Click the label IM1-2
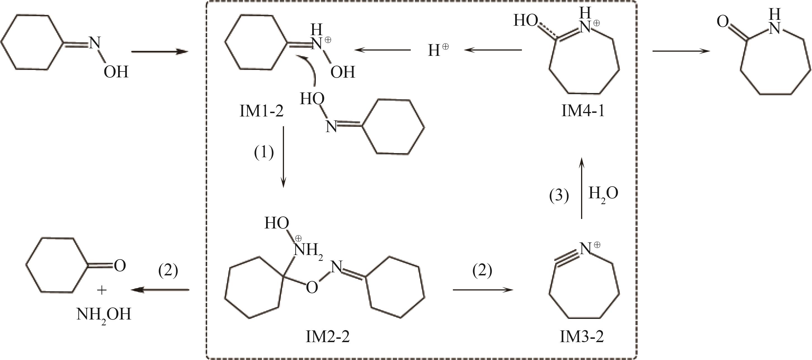pos(262,112)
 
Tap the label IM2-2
pos(328,337)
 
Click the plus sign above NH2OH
pos(102,290)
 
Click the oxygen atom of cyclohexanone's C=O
pos(120,266)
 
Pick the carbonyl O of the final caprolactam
pos(722,22)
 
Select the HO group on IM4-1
pos(526,21)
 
